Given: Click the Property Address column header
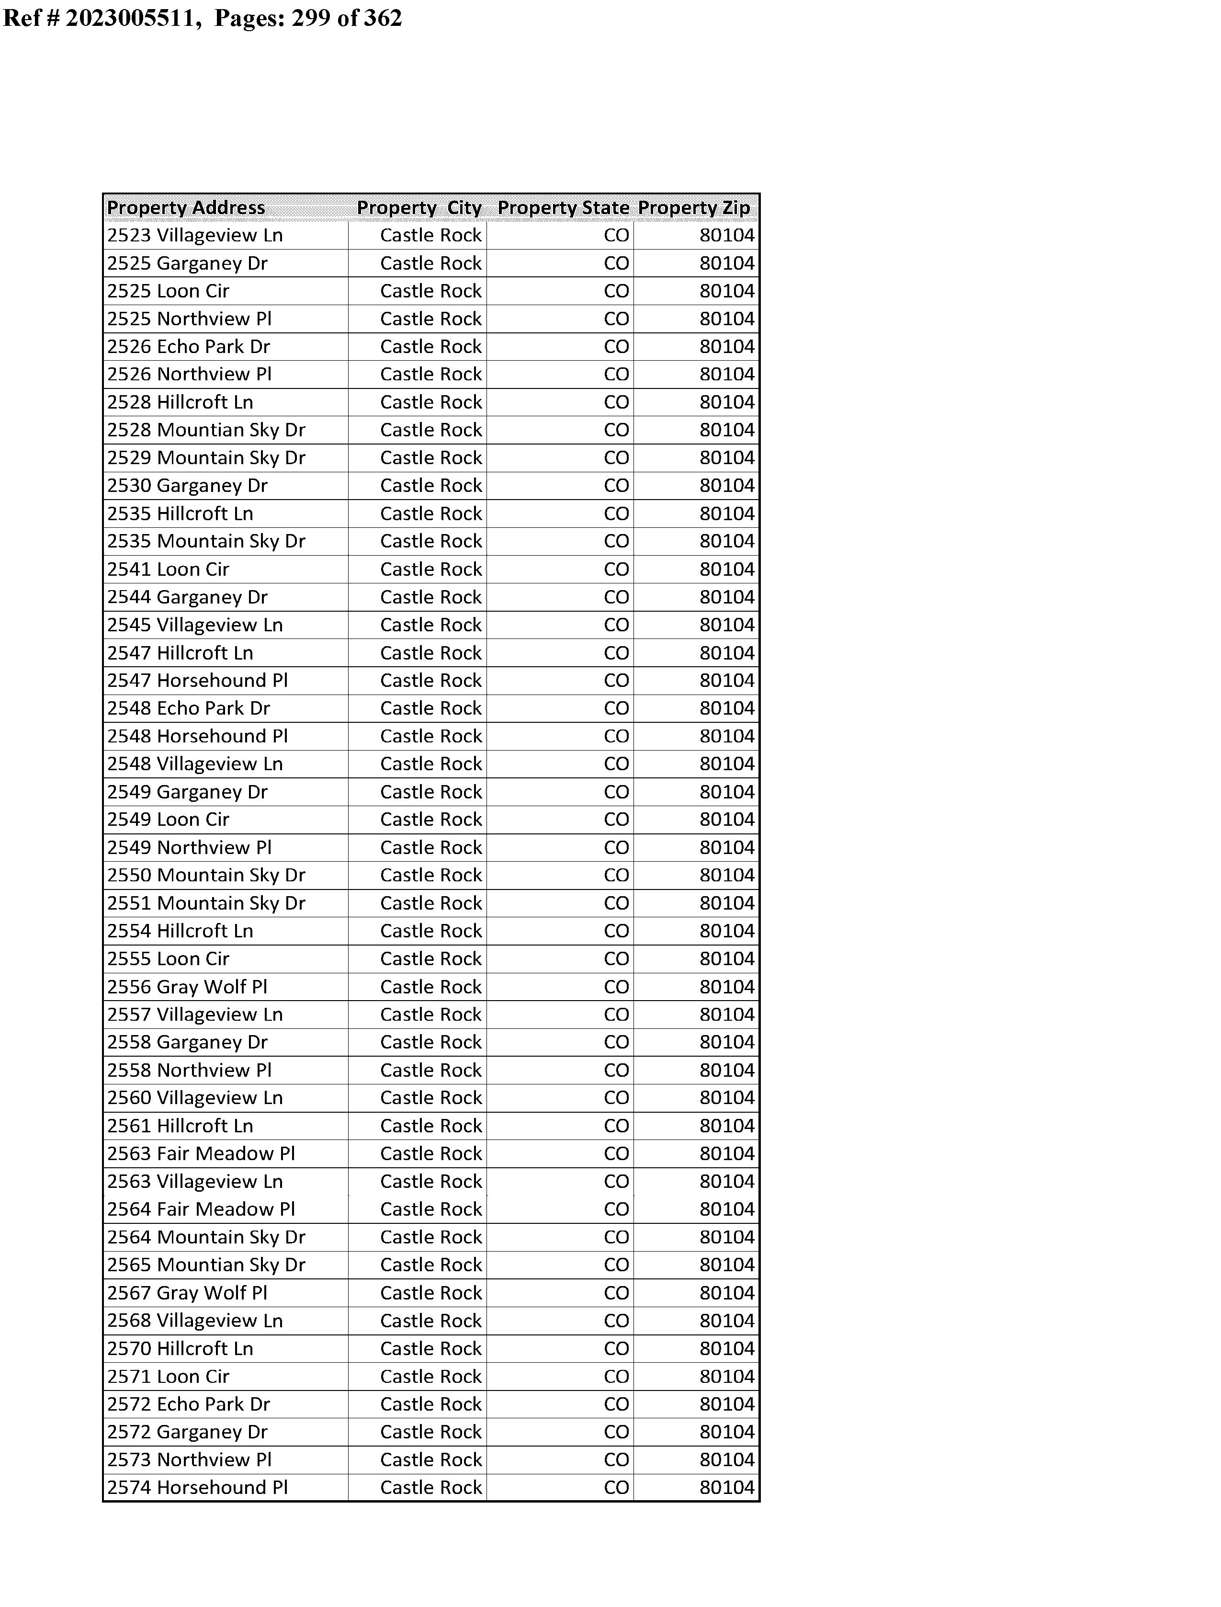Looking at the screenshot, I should pos(186,208).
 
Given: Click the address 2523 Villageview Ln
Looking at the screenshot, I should pos(195,236).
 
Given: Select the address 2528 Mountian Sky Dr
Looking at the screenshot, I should pos(206,430).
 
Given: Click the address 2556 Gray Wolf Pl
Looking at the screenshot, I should pos(188,987).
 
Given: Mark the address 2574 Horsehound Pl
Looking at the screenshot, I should pos(198,1488).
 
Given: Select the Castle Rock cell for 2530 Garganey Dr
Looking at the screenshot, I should pos(431,486).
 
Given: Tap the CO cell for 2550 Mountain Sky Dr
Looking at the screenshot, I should pos(616,875).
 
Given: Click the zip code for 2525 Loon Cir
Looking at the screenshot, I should pos(727,291).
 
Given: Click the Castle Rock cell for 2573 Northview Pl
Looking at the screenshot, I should pos(431,1459).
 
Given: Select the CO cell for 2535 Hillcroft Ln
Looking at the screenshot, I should pos(616,514).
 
